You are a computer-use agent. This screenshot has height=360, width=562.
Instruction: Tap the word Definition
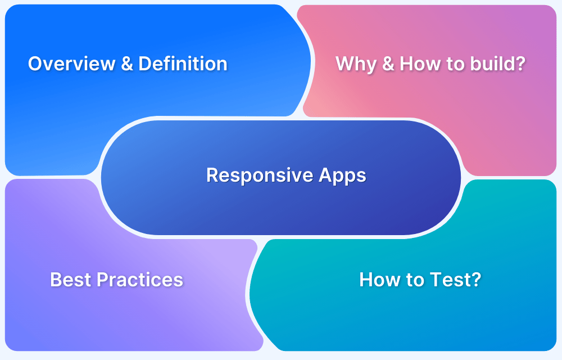pos(183,64)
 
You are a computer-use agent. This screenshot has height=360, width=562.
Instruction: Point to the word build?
pos(498,64)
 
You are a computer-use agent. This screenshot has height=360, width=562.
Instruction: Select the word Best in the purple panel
pos(71,280)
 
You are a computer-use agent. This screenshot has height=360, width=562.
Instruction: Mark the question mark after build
pos(521,64)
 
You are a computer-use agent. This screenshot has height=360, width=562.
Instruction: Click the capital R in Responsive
pos(212,175)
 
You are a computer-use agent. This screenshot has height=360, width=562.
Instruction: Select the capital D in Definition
pos(144,64)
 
